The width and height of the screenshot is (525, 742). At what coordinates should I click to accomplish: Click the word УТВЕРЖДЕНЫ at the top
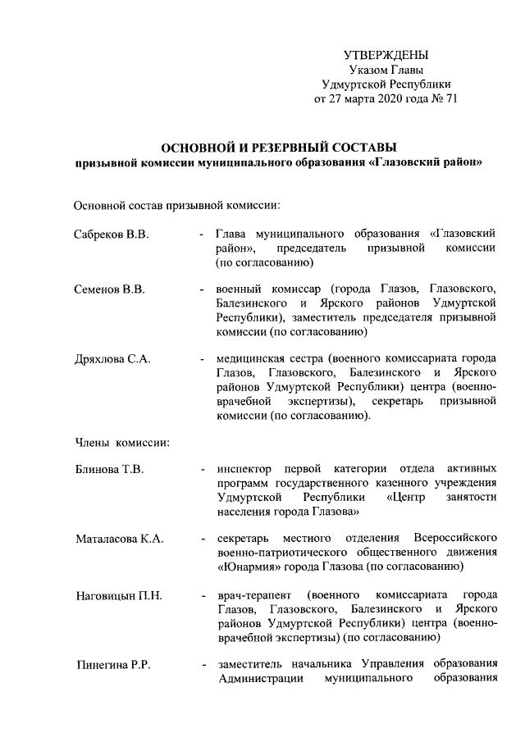(x=385, y=55)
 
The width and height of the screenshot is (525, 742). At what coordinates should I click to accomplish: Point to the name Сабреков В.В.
(x=112, y=235)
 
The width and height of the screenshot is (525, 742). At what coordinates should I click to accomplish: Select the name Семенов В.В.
(x=110, y=289)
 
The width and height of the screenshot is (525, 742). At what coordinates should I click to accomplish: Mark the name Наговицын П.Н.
(x=119, y=594)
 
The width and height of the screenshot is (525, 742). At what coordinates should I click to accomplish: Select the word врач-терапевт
(x=251, y=594)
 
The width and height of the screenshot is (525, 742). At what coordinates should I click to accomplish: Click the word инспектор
(x=244, y=470)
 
